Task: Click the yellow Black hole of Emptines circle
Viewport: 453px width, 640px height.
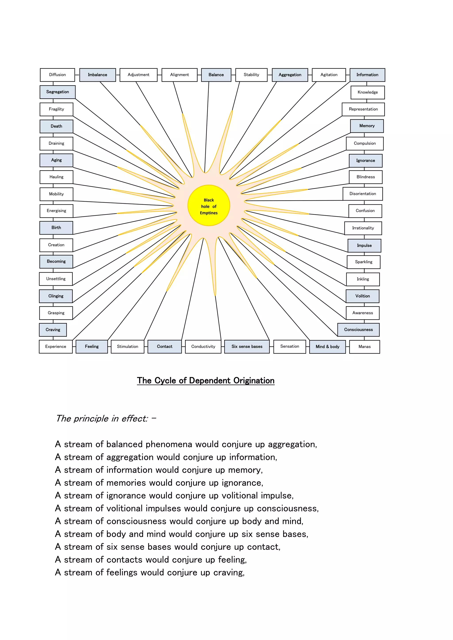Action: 209,206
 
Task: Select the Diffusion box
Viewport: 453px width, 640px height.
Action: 58,75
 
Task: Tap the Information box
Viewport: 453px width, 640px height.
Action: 367,75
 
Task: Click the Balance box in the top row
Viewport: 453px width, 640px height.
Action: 216,75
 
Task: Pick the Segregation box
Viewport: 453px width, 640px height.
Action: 58,92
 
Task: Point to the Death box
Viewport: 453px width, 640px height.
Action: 56,126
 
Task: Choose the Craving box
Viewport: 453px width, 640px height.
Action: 53,330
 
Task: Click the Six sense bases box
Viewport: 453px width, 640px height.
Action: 247,347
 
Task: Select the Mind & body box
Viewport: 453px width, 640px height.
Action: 328,347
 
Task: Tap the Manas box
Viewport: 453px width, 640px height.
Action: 364,347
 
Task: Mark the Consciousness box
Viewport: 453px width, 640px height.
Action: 358,330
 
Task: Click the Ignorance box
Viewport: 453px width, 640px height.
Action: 365,161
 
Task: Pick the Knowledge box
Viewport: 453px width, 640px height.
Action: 368,92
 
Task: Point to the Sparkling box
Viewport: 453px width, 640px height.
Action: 363,262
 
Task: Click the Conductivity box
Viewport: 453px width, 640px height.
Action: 203,347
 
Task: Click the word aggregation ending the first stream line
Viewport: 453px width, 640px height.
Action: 292,444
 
